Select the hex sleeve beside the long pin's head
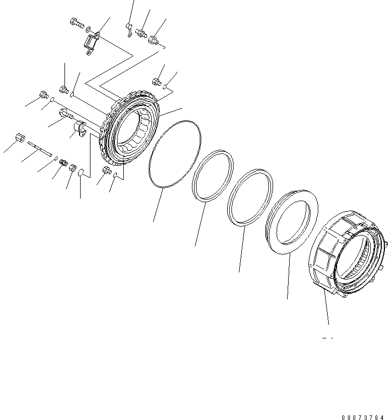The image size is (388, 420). [20, 138]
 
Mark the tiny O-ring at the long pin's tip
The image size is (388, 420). [56, 159]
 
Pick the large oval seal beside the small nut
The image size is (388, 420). [82, 176]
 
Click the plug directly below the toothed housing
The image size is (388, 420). [107, 171]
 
